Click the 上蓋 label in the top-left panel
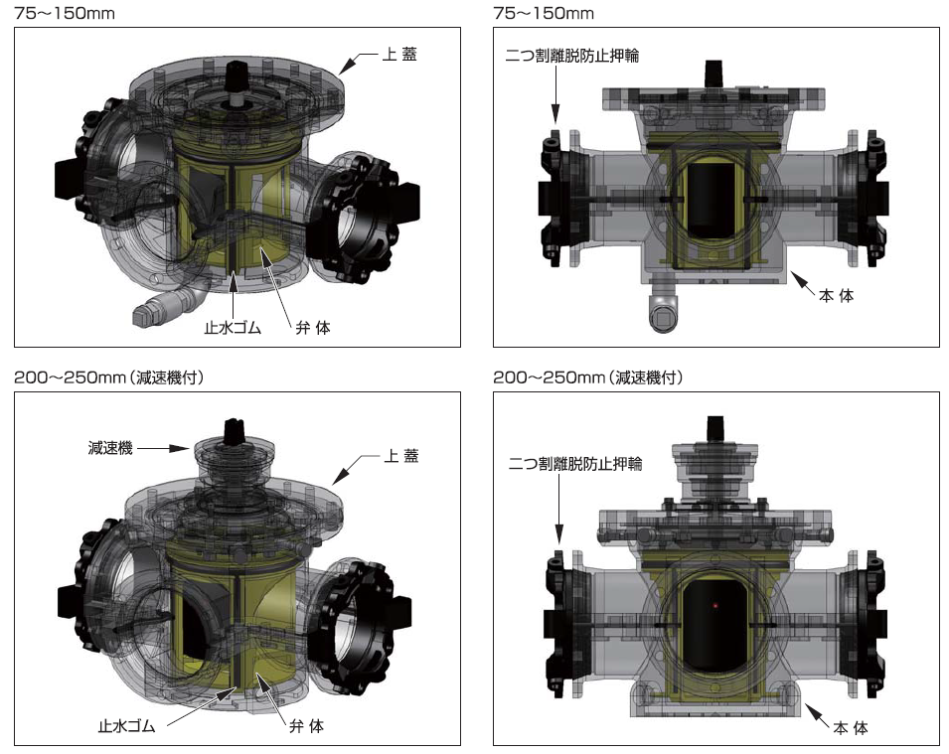(399, 55)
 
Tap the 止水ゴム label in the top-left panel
(233, 328)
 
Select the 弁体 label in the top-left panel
(313, 328)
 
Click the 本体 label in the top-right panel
(836, 295)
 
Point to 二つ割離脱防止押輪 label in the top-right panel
(572, 56)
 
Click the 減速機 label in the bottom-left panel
(110, 448)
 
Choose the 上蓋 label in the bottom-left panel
(401, 456)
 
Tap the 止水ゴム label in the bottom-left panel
(127, 725)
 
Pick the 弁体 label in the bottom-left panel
(306, 725)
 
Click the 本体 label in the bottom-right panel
(851, 728)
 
